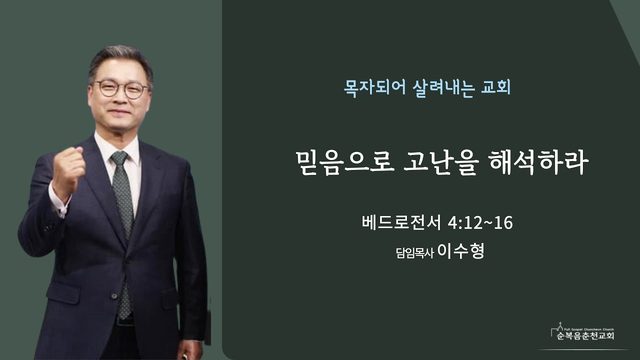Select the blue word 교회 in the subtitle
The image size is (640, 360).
coord(496,87)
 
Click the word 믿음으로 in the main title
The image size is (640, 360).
coord(345,162)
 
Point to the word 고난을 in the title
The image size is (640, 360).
coord(441,162)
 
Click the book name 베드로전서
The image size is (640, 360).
coord(401,223)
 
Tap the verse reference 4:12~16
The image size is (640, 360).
coord(480,223)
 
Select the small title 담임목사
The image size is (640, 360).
coord(414,253)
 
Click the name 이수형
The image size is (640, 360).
coord(461,251)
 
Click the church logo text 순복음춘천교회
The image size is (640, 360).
coord(585,336)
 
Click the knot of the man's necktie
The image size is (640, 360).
coord(120,158)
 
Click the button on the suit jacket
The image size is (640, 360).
coord(114,296)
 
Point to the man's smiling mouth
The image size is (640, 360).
coord(120,113)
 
